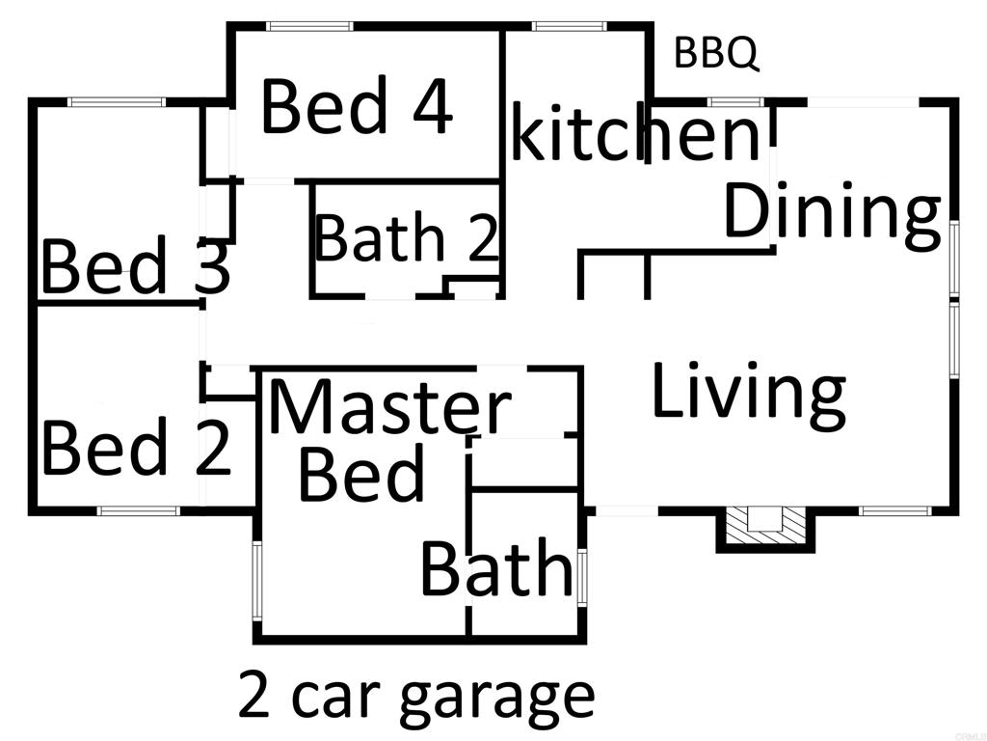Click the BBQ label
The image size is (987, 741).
(716, 53)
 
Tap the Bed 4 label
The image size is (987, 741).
(357, 107)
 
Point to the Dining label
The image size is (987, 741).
(832, 213)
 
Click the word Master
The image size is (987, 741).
(389, 408)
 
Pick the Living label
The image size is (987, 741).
(749, 391)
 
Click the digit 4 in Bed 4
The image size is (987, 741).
(430, 107)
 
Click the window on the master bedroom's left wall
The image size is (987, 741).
(257, 581)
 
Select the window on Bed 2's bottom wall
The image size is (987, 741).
(140, 510)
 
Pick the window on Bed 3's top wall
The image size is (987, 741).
(116, 101)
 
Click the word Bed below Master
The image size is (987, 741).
(361, 474)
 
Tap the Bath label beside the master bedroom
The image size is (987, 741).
(496, 569)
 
